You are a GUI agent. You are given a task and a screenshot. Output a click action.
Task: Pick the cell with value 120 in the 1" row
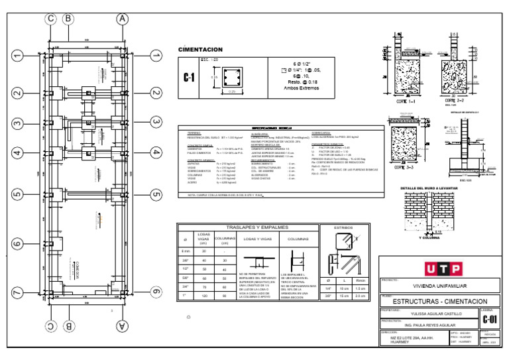click(x=204, y=296)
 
